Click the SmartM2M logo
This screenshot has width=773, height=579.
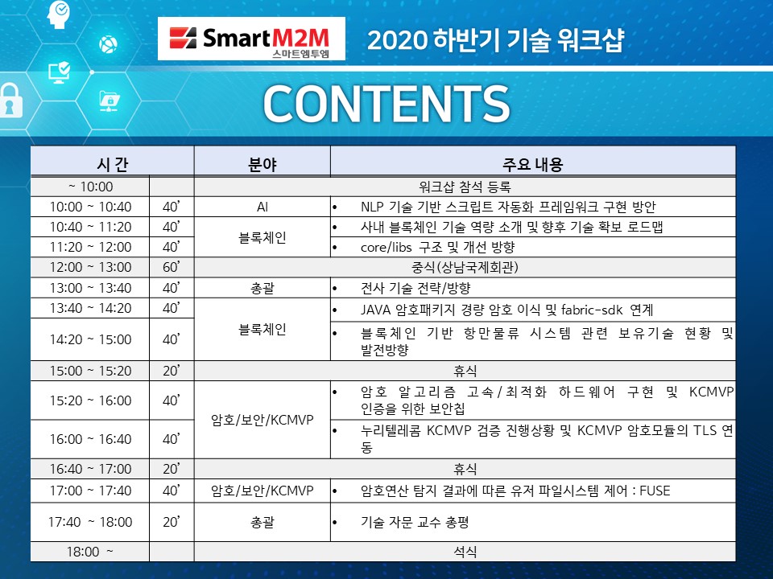(x=251, y=39)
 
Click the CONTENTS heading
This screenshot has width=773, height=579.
(x=386, y=104)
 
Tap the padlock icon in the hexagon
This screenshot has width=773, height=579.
(x=10, y=101)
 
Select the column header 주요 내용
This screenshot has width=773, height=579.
(x=532, y=164)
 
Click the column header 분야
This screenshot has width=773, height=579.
(x=262, y=164)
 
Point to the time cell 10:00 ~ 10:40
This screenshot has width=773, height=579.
(x=90, y=207)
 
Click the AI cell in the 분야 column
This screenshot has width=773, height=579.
(x=262, y=207)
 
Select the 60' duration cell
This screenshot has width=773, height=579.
(x=171, y=267)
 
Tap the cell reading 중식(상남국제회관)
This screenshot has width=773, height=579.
(x=465, y=267)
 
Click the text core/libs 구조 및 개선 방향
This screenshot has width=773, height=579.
(x=437, y=247)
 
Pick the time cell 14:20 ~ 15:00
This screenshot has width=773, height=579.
(x=90, y=339)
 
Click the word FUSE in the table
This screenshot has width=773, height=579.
(x=655, y=491)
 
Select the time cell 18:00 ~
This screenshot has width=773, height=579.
(x=89, y=552)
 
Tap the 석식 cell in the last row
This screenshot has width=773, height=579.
(x=465, y=552)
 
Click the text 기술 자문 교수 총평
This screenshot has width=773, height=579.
(x=415, y=522)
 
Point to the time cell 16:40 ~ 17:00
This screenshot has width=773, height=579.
(x=90, y=469)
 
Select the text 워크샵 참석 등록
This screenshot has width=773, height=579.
(x=465, y=187)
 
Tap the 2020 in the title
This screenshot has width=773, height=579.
(x=397, y=40)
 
